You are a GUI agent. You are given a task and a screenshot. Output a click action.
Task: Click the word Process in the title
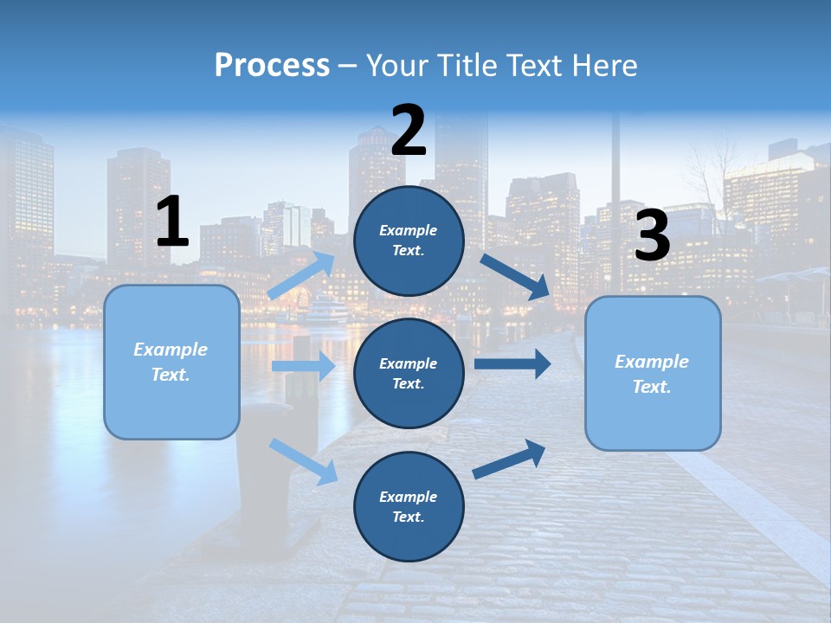[x=272, y=66]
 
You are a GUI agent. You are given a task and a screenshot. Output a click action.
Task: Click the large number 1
[x=172, y=222]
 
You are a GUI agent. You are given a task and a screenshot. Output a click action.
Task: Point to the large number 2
[x=409, y=131]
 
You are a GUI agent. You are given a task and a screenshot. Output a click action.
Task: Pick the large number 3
[x=652, y=235]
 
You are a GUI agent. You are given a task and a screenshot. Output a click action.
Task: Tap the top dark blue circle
[x=409, y=241]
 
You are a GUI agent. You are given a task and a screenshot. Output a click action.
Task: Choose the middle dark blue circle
[x=409, y=373]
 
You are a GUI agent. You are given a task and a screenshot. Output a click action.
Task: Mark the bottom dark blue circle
[x=409, y=506]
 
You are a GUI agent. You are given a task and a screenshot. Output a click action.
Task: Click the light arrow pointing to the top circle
[x=302, y=276]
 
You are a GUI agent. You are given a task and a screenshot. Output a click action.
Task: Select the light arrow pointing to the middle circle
[x=304, y=366]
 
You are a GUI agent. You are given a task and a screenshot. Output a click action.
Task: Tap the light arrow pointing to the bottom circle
[x=304, y=461]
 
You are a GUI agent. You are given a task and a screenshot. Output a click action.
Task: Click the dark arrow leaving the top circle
[x=516, y=277]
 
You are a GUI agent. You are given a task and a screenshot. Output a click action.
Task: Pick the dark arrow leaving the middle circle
[x=512, y=363]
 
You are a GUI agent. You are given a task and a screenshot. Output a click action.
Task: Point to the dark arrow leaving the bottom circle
[x=510, y=459]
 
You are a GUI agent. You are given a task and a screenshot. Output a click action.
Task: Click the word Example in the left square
[x=171, y=350]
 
